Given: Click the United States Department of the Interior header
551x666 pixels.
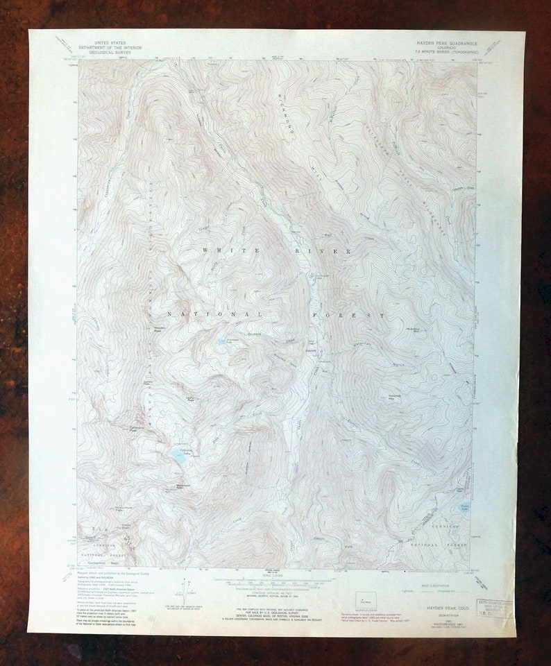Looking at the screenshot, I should (x=101, y=46).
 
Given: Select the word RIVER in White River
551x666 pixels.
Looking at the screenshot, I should (x=324, y=250).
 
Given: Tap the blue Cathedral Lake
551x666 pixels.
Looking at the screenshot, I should (x=179, y=455).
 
